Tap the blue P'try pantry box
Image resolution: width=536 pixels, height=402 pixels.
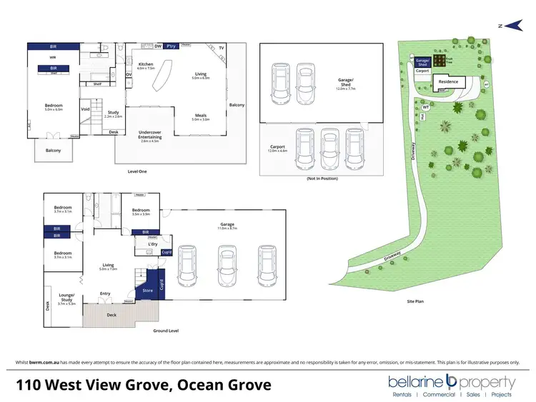tap(171, 46)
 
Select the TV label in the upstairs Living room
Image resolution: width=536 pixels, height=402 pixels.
tap(222, 47)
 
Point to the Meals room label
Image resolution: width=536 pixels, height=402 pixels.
tap(200, 118)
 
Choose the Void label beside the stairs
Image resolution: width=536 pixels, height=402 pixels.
tap(86, 109)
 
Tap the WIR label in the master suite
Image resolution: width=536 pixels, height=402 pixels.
tap(53, 56)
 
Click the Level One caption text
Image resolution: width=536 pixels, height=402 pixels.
tap(137, 172)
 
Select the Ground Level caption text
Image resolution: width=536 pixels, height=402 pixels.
tap(165, 331)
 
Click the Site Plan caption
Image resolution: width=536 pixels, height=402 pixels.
tap(415, 301)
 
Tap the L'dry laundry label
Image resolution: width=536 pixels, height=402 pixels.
tap(152, 245)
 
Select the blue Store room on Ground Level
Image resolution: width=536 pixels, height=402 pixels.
tap(148, 291)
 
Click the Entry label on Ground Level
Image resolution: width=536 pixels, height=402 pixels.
tap(105, 293)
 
